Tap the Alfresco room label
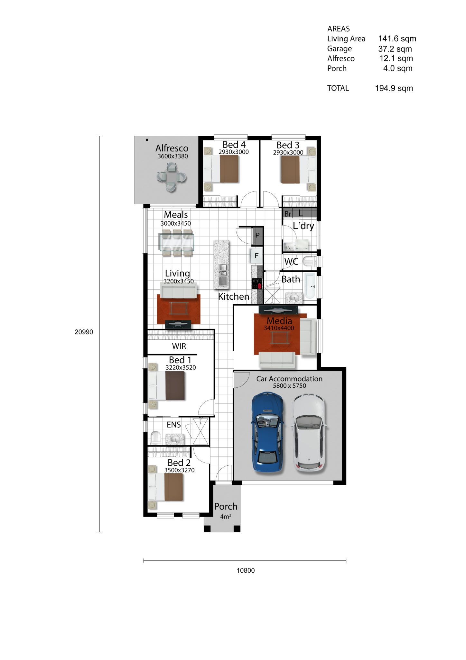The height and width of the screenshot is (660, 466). pos(172,148)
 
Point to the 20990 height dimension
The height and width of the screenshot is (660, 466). pos(84,332)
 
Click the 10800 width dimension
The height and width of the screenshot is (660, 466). pos(246,570)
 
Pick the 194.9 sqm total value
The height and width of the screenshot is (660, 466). pos(394,88)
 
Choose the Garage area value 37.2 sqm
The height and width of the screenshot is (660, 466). pos(395,49)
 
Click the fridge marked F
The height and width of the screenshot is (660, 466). pos(256,256)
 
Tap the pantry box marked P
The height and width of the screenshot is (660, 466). pos(257,236)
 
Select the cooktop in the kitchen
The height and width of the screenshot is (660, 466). pos(257,283)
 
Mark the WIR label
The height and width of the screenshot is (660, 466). pos(179,346)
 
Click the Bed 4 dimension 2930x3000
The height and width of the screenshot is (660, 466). pos(234,152)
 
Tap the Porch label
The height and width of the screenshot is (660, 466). pos(226,507)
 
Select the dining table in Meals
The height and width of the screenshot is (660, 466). pos(176,243)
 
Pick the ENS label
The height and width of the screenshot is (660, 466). pos(174,425)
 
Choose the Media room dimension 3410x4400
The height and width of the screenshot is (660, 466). pos(279,328)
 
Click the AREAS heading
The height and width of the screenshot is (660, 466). pos(339,29)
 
